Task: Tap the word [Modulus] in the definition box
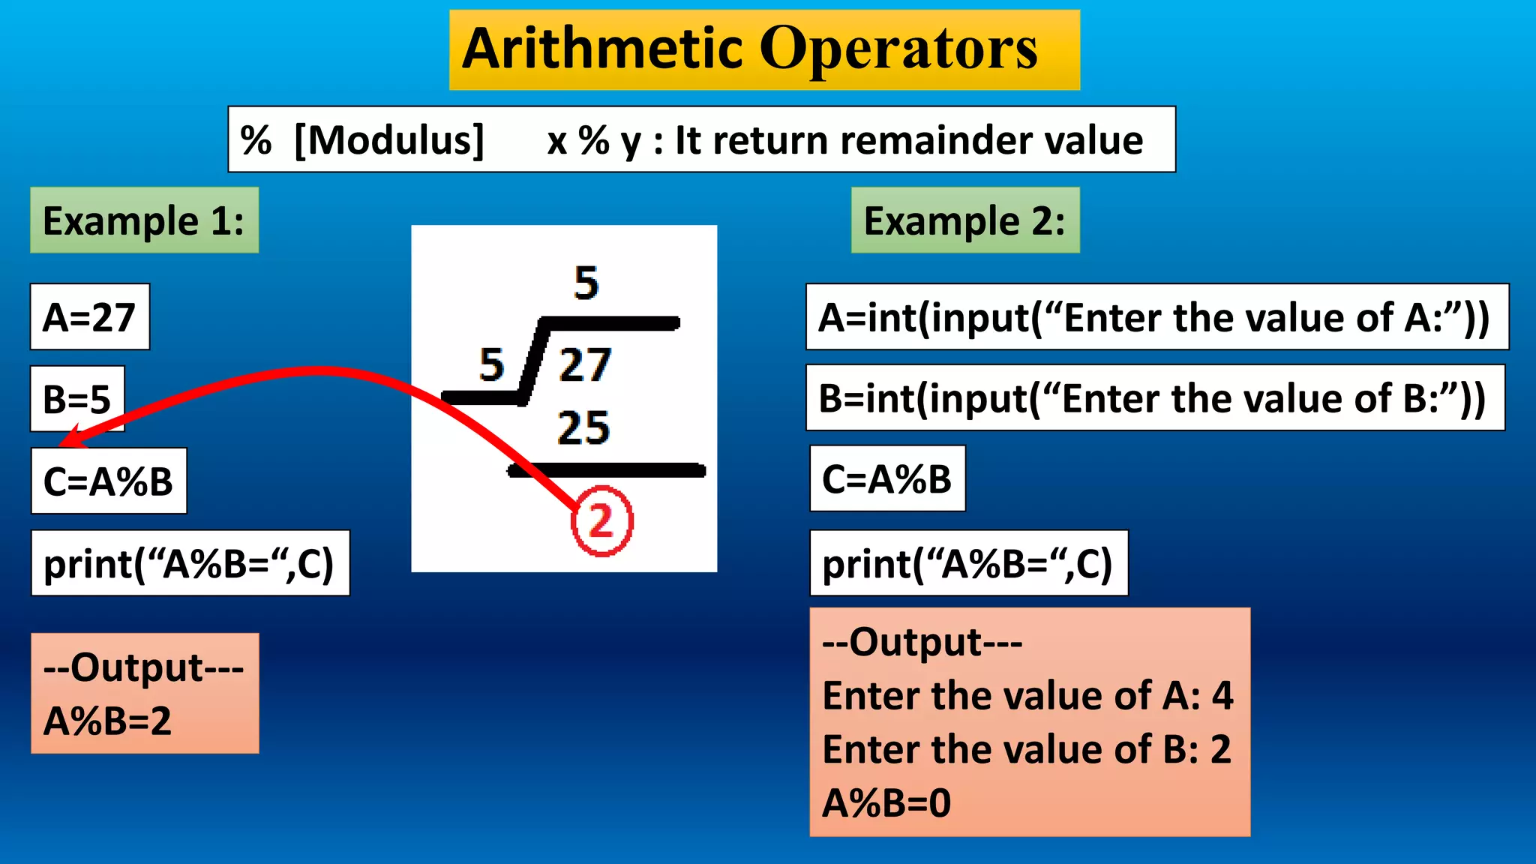tap(389, 140)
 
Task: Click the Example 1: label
tap(144, 220)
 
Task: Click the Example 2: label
tap(964, 220)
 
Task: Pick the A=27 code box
tap(90, 317)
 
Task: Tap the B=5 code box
tap(77, 399)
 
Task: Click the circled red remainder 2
tap(601, 521)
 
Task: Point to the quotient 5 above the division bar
tap(586, 283)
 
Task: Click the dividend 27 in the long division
tap(585, 365)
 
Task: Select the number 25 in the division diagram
tap(583, 428)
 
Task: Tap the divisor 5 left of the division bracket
tap(492, 365)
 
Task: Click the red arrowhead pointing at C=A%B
tap(70, 438)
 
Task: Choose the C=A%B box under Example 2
tap(887, 479)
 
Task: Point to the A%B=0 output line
tap(887, 803)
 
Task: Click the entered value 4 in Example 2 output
tap(1222, 696)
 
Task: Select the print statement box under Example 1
tap(190, 564)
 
